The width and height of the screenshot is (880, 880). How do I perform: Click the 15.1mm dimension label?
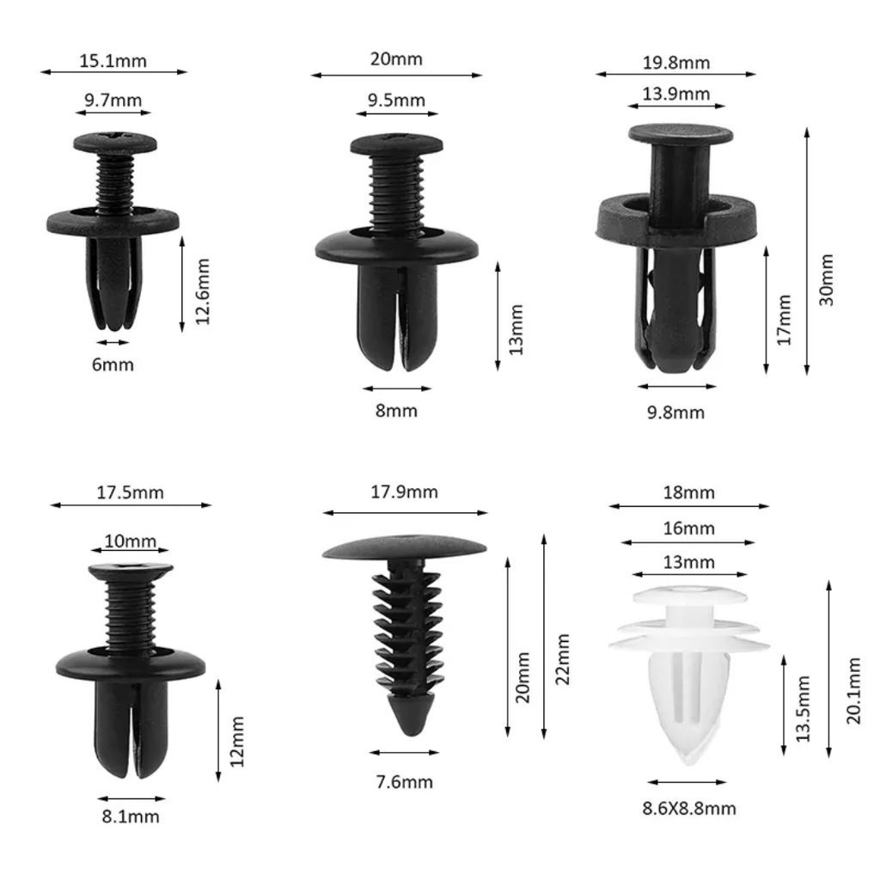pos(113,61)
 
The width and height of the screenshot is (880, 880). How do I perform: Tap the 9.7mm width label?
pos(113,101)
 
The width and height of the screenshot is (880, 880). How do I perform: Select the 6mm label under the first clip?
pos(113,364)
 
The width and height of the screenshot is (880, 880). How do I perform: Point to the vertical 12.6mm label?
pos(202,291)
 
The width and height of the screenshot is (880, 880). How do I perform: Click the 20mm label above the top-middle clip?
pos(396,59)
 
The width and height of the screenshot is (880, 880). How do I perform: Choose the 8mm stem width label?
pos(396,411)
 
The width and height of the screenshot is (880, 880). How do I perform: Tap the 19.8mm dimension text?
pos(676,62)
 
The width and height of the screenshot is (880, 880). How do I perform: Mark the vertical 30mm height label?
pos(826,279)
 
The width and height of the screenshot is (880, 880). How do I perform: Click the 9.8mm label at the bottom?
pos(675,412)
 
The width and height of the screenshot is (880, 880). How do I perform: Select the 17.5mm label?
pos(131,492)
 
